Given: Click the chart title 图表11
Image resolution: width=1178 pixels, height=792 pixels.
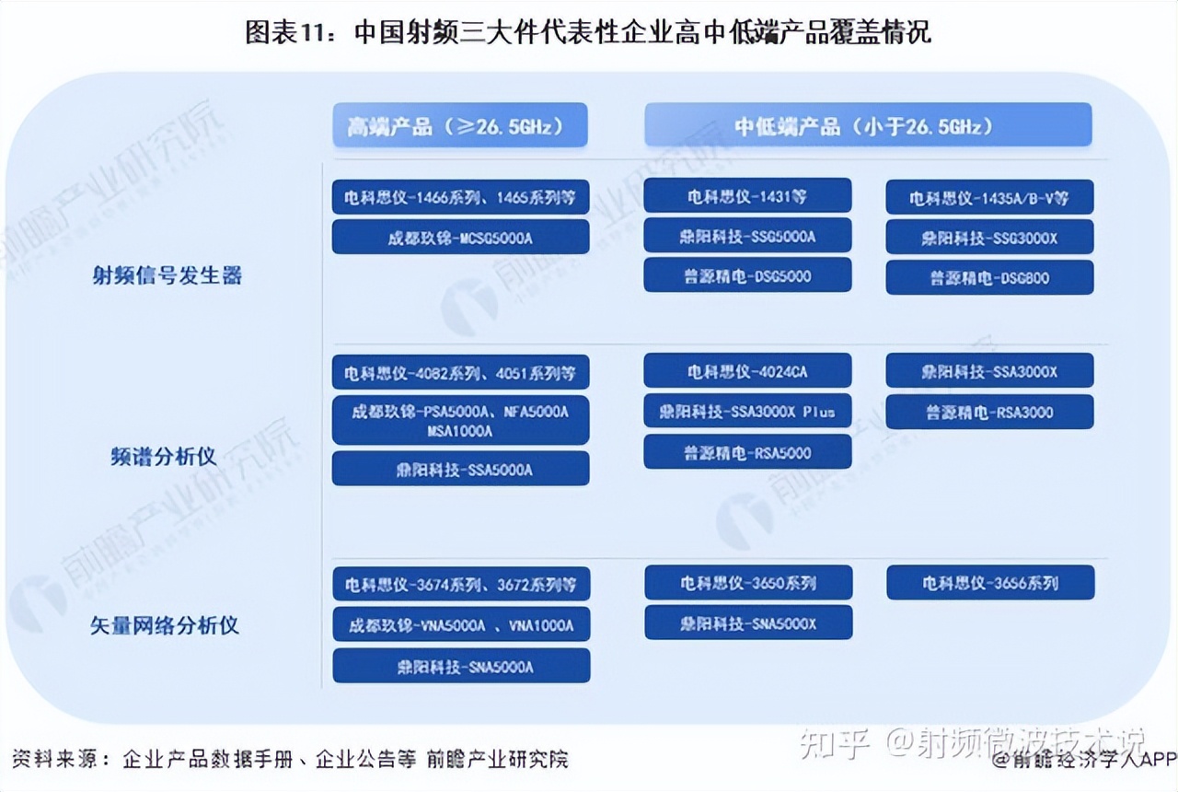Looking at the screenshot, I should point(588,33).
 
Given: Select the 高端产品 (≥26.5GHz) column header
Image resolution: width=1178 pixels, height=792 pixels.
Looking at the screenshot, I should point(460,125).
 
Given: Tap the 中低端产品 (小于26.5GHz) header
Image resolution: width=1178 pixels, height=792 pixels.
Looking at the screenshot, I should point(867,125).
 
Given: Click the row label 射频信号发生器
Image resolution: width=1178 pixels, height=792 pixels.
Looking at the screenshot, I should point(167,275).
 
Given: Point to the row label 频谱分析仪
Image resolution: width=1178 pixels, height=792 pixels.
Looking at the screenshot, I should point(164,456).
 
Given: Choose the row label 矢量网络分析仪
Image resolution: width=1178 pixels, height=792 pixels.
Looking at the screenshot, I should point(165,625).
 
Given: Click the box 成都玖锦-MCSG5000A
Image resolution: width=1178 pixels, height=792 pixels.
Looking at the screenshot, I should point(460,238).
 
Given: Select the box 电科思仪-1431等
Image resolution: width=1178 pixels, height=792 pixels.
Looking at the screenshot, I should point(747,196).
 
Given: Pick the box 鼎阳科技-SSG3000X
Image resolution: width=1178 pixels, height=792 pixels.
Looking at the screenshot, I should point(989,238).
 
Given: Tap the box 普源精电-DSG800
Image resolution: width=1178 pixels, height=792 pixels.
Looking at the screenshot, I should point(989,277).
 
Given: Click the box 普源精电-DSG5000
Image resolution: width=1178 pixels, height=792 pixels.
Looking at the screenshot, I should point(747,275).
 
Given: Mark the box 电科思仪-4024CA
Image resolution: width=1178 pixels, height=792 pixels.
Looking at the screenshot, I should point(747,371).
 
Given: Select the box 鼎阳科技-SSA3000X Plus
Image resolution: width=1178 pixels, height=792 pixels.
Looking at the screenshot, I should point(747,411).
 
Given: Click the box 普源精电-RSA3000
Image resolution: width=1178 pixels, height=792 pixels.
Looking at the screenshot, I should point(989,412).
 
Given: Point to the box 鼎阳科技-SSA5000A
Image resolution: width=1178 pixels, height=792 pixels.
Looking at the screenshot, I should point(460,469).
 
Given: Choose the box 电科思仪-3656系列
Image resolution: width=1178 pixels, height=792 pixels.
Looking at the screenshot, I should point(990,583).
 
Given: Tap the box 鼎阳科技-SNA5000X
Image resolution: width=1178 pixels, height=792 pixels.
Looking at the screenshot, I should point(748,623).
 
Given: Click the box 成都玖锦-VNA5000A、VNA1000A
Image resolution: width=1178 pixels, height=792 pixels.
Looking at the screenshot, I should point(461,625).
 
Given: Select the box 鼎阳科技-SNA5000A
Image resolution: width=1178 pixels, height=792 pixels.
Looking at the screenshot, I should point(461,666).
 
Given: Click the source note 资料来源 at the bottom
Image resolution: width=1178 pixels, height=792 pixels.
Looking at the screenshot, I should point(292,759).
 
